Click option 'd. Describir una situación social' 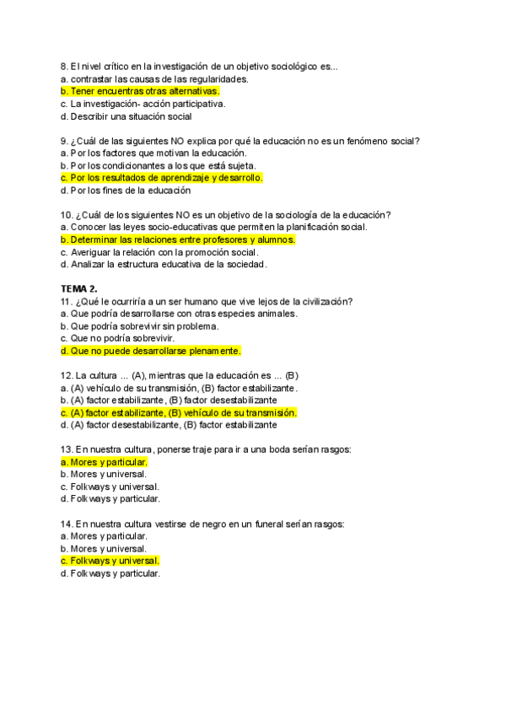tap(126, 116)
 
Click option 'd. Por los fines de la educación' tap(126, 191)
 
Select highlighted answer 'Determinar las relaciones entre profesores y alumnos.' tap(178, 239)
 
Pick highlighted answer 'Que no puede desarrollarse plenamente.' tap(151, 351)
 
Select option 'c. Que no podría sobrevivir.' tap(117, 338)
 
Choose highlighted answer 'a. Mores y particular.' tap(105, 462)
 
